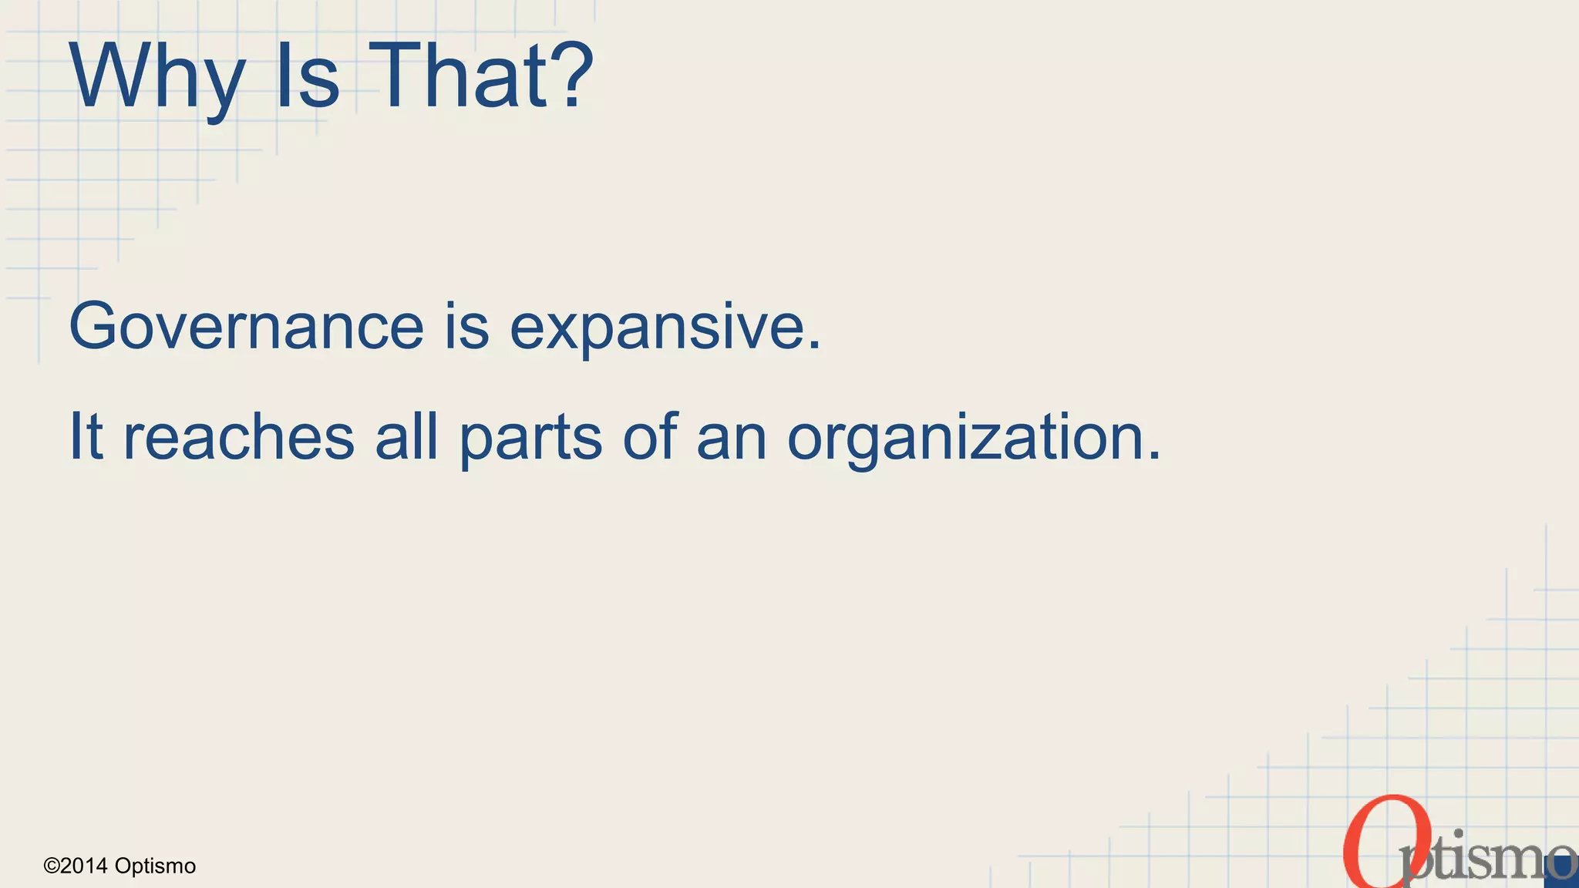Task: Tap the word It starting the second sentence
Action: click(x=86, y=436)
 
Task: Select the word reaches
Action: click(x=239, y=437)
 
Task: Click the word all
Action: click(x=406, y=436)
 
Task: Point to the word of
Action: click(x=650, y=436)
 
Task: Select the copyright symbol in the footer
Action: click(x=52, y=866)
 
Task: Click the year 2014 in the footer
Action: click(x=84, y=866)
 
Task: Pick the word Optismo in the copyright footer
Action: click(x=155, y=866)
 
